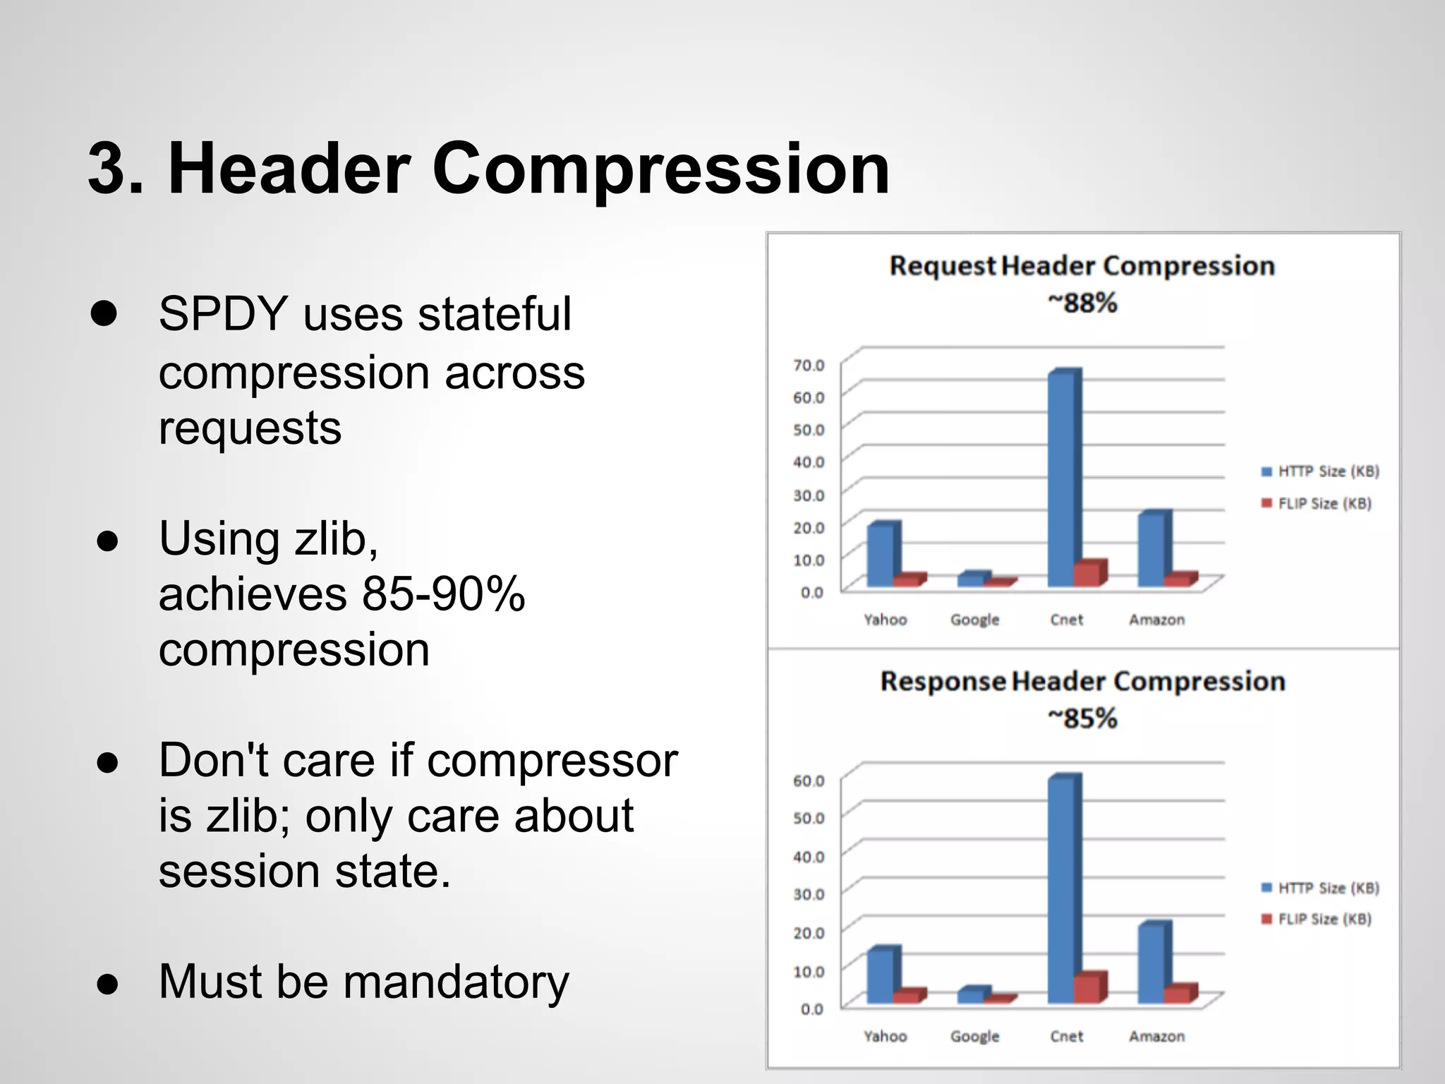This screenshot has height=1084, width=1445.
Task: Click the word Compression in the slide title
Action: pyautogui.click(x=660, y=169)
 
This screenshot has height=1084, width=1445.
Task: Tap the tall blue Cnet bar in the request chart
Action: pyautogui.click(x=1062, y=480)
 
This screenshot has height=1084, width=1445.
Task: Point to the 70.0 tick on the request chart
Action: pyautogui.click(x=809, y=366)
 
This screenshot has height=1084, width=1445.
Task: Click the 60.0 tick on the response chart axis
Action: pyautogui.click(x=809, y=781)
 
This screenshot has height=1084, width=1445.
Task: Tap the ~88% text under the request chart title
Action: pyautogui.click(x=1082, y=303)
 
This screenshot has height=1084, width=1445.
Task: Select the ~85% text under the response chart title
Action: pyautogui.click(x=1082, y=719)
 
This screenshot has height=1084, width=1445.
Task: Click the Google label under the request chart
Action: pyautogui.click(x=974, y=620)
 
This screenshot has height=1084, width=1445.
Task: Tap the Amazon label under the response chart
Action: pyautogui.click(x=1156, y=1036)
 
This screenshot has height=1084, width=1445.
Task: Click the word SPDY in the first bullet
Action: pyautogui.click(x=223, y=314)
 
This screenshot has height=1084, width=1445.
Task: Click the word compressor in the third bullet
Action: pyautogui.click(x=552, y=761)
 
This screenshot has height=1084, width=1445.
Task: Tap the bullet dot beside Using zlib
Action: pyautogui.click(x=107, y=541)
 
